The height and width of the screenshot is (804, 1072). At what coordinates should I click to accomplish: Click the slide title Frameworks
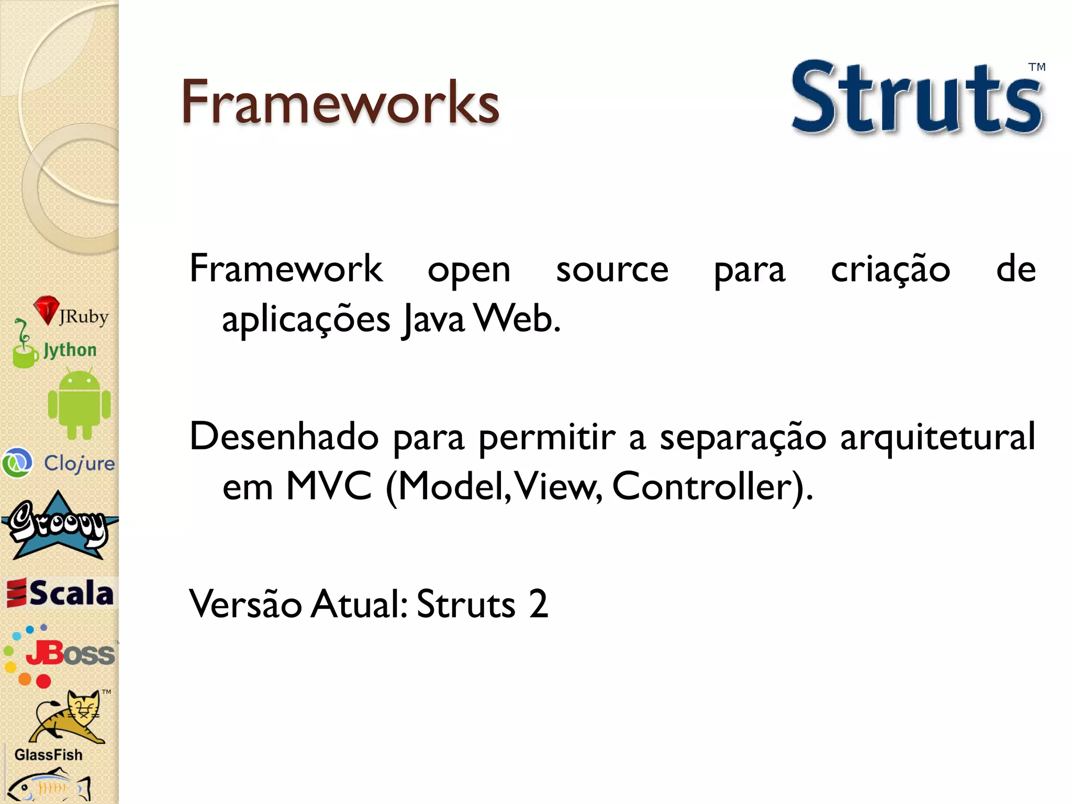click(340, 102)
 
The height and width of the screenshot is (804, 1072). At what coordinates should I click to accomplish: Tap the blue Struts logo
click(916, 98)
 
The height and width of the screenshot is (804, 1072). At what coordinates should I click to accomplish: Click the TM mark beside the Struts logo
click(1036, 67)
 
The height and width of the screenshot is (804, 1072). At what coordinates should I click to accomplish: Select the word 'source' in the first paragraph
click(612, 270)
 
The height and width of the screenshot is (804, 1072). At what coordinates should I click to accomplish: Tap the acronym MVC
click(329, 486)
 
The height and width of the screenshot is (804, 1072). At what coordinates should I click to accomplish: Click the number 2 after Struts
click(538, 604)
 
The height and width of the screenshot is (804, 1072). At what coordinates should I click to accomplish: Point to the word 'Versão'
click(245, 604)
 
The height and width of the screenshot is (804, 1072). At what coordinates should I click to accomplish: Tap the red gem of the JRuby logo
click(46, 309)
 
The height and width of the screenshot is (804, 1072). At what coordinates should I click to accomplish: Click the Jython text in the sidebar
click(70, 350)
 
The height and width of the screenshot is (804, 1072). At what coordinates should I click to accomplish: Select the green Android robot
click(79, 403)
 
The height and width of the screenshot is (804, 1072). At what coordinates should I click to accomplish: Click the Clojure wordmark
click(79, 463)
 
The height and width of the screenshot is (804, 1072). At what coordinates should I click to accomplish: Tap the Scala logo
click(60, 593)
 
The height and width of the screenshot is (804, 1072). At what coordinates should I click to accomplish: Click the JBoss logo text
click(71, 653)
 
